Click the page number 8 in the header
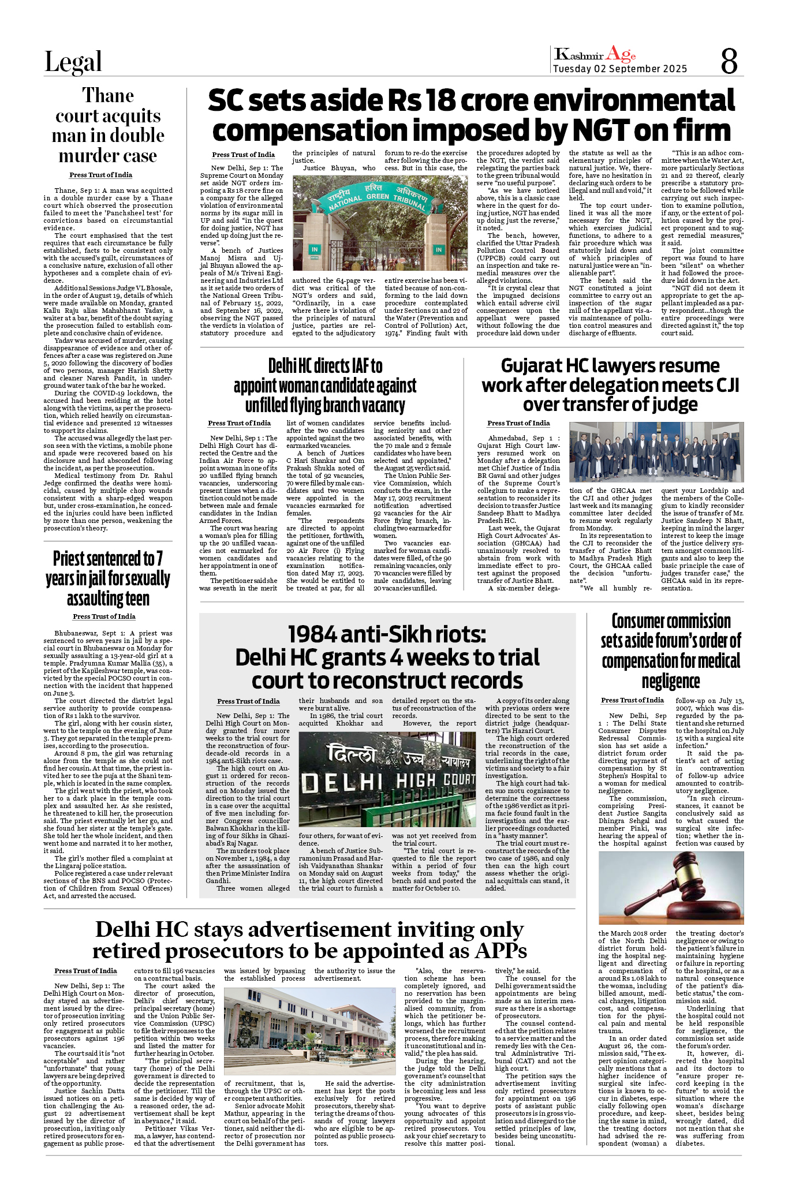(729, 61)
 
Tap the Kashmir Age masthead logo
(595, 54)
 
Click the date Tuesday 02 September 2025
(619, 69)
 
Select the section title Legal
(73, 62)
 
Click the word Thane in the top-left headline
(108, 95)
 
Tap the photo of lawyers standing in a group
(656, 452)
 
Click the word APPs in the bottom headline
(498, 951)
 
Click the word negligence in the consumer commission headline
(670, 682)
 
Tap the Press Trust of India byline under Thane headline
(100, 175)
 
